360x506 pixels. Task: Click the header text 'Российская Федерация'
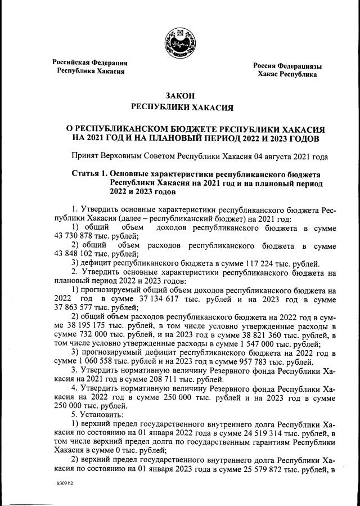click(x=90, y=62)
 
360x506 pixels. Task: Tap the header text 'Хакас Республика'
click(x=287, y=74)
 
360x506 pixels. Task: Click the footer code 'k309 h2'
click(x=66, y=483)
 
